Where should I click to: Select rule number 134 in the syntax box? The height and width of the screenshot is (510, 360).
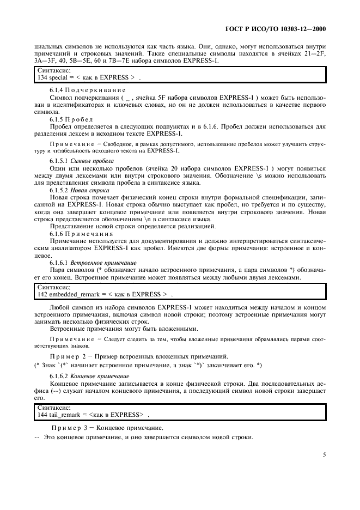(40, 77)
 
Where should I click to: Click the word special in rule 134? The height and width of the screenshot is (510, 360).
(57, 77)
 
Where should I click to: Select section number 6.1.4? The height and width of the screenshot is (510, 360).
(58, 89)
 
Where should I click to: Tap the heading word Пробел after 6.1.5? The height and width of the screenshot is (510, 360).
(81, 119)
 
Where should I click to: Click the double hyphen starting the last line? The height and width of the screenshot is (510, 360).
(37, 438)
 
